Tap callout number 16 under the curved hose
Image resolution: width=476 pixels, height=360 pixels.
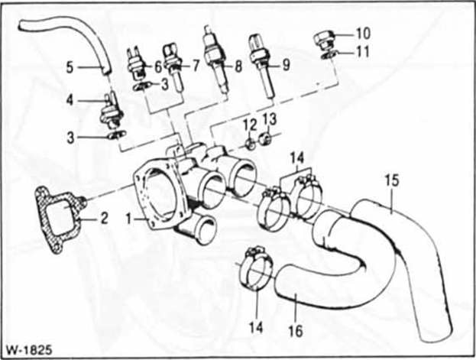click(x=296, y=331)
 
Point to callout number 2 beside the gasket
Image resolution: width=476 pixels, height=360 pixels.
click(x=104, y=218)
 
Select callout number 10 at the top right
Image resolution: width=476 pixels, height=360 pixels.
click(x=363, y=33)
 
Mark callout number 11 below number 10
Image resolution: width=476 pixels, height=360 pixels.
click(x=363, y=52)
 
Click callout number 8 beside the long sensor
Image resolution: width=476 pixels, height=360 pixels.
click(x=238, y=66)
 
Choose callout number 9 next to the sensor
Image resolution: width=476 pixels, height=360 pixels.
click(x=285, y=66)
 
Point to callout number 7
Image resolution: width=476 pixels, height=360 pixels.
click(x=195, y=66)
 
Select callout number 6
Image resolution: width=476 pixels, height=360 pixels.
click(x=157, y=66)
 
